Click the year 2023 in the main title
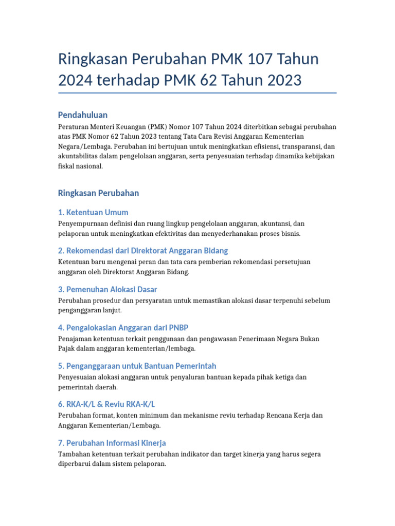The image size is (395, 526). coord(276,80)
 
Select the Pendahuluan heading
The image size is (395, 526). coord(83,115)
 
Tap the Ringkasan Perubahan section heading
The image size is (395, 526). coord(98,193)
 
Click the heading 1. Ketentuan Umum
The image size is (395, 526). coord(93,212)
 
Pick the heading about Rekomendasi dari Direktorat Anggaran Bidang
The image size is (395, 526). coord(143,251)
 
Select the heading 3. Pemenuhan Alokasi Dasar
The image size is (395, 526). coord(107,289)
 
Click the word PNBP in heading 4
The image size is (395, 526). coord(184,328)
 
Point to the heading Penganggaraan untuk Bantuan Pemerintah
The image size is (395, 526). coord(137,366)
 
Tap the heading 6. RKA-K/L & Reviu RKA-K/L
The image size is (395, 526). coord(106,404)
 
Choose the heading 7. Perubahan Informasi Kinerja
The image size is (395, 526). coord(112,443)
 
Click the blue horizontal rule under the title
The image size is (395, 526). coord(197,93)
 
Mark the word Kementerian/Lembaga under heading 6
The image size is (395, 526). coord(116,425)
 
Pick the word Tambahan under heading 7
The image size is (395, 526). coord(75,454)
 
